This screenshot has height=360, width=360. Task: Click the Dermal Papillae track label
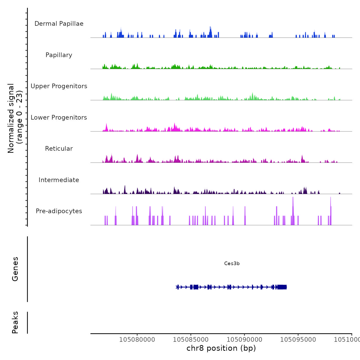[59, 24]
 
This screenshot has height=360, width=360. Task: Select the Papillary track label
[59, 55]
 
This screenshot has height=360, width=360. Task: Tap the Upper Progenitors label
[59, 86]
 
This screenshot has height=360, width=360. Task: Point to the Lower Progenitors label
[59, 118]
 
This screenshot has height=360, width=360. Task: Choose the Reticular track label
[59, 149]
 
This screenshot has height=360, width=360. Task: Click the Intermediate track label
[59, 180]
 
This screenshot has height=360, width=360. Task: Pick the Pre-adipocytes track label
[59, 211]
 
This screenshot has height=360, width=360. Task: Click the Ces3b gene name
[232, 263]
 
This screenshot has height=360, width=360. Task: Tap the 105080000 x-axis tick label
[137, 339]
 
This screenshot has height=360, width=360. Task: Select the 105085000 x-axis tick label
[191, 339]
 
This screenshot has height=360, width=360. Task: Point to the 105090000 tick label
[245, 339]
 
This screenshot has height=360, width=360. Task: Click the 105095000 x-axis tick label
[298, 339]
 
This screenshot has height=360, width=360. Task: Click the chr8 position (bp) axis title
[221, 348]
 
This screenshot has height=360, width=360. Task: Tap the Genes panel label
[15, 269]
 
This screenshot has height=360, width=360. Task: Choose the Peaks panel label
[15, 322]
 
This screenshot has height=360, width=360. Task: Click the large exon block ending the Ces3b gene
[282, 287]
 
